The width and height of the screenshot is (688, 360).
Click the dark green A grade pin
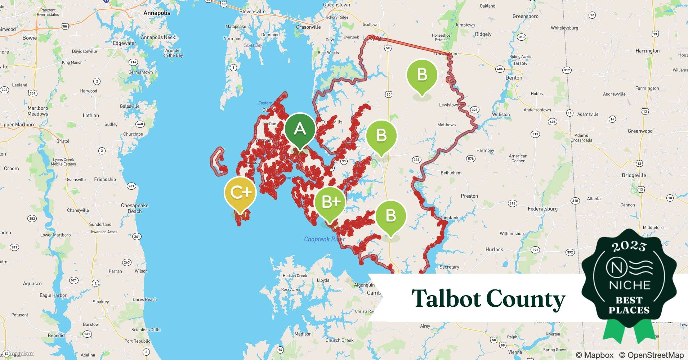(300, 129)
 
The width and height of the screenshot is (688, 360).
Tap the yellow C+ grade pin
(240, 193)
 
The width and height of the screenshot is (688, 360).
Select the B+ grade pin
(330, 202)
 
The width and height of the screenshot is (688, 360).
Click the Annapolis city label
(157, 13)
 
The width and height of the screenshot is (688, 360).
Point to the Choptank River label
(325, 239)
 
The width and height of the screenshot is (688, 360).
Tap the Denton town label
(514, 78)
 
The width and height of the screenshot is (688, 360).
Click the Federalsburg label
(542, 208)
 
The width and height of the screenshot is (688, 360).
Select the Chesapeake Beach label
(134, 208)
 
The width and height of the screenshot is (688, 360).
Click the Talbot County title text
(488, 299)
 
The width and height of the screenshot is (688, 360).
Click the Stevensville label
(253, 12)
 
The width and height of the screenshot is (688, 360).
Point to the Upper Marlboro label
(18, 125)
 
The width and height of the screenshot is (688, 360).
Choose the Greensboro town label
(526, 16)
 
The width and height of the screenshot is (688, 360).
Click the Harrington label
(647, 51)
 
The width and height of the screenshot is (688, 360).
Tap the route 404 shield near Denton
(500, 69)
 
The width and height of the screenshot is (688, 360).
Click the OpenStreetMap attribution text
(651, 355)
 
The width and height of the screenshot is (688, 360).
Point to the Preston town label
(469, 196)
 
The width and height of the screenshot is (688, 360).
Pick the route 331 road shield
(416, 159)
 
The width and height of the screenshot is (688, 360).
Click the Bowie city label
(30, 38)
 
